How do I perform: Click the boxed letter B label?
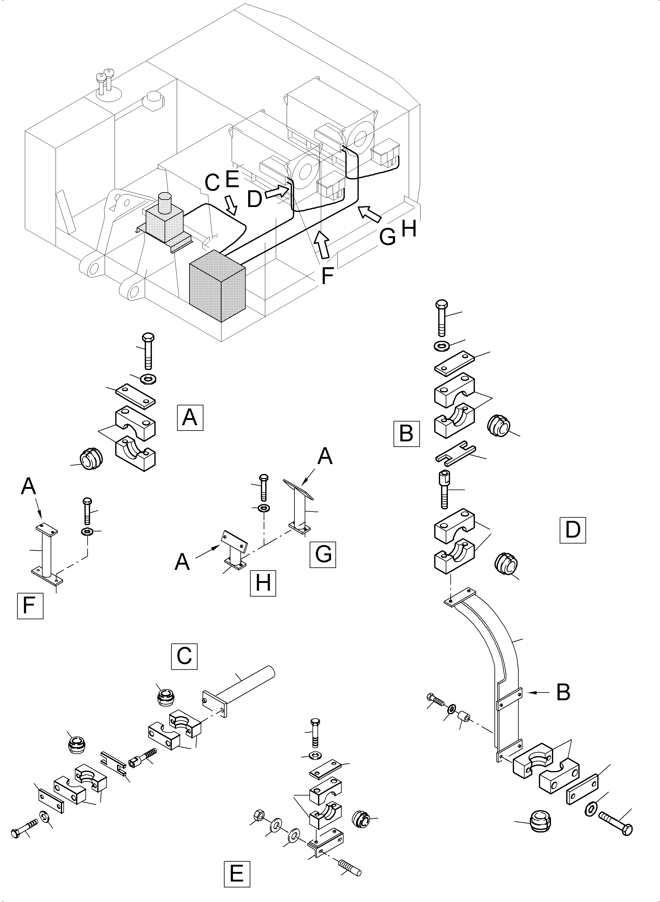(x=406, y=433)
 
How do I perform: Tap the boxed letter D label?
(x=572, y=530)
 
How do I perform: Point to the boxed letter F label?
(x=30, y=606)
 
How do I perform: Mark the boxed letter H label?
(x=263, y=583)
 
